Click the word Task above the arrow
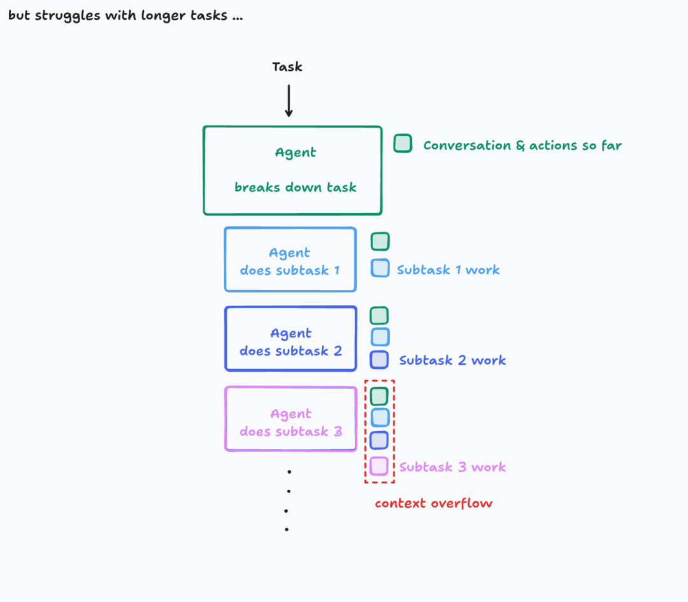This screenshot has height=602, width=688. tap(287, 67)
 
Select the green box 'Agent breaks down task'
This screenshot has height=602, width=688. tap(292, 170)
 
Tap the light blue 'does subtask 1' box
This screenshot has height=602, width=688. tap(290, 260)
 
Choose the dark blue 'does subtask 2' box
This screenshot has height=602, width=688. tap(290, 339)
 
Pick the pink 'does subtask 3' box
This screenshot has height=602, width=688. tap(290, 419)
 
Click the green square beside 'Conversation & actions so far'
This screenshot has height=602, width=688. tap(403, 143)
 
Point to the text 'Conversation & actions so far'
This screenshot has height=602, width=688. tap(522, 145)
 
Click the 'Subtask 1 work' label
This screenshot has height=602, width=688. tap(448, 270)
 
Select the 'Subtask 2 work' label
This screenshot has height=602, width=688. tap(452, 360)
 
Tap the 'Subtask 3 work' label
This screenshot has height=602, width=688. tap(452, 467)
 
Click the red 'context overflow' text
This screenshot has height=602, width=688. tap(434, 503)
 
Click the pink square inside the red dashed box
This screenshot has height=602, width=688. tap(380, 466)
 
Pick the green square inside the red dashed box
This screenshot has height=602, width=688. tap(380, 396)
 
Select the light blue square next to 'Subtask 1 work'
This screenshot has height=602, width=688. tap(380, 268)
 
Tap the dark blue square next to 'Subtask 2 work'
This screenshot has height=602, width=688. tap(380, 360)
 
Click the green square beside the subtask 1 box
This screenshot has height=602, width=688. tap(380, 242)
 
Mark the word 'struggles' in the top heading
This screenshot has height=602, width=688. tap(66, 15)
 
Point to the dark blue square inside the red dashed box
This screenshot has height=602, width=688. tap(380, 440)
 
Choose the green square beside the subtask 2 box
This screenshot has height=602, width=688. tap(380, 315)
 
